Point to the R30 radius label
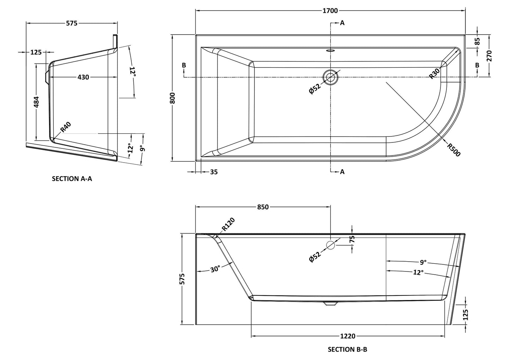pyautogui.click(x=434, y=74)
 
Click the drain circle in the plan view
pyautogui.click(x=330, y=77)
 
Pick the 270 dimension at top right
pyautogui.click(x=489, y=56)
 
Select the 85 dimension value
pyautogui.click(x=477, y=41)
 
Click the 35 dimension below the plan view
pyautogui.click(x=214, y=172)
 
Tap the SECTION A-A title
pyautogui.click(x=72, y=179)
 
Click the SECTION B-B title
pyautogui.click(x=347, y=349)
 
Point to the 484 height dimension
pyautogui.click(x=36, y=102)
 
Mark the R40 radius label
pyautogui.click(x=66, y=127)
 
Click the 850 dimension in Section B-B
pyautogui.click(x=263, y=207)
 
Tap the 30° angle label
pyautogui.click(x=215, y=269)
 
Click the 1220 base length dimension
pyautogui.click(x=348, y=336)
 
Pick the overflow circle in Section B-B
pyautogui.click(x=330, y=245)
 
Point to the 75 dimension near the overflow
pyautogui.click(x=352, y=239)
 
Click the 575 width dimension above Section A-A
pyautogui.click(x=72, y=23)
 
